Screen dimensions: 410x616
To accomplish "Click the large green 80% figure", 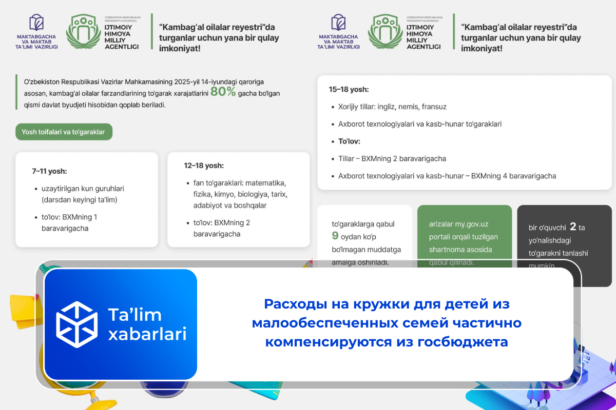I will pyautogui.click(x=223, y=92).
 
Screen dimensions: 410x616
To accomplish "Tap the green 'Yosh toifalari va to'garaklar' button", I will pyautogui.click(x=63, y=132).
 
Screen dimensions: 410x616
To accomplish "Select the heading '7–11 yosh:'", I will pyautogui.click(x=49, y=171).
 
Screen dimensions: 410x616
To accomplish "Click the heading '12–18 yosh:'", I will pyautogui.click(x=204, y=166).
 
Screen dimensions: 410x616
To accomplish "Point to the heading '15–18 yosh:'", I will pyautogui.click(x=349, y=89).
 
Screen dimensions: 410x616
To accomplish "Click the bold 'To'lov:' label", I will pyautogui.click(x=349, y=141).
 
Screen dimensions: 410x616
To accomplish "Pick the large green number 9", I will pyautogui.click(x=335, y=236).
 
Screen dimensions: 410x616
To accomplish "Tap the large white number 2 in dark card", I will pyautogui.click(x=572, y=227).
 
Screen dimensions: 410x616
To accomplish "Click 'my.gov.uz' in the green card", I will pyautogui.click(x=472, y=224).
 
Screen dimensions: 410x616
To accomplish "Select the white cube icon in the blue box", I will pyautogui.click(x=76, y=324).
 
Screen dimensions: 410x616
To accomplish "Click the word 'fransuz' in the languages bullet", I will pyautogui.click(x=434, y=107).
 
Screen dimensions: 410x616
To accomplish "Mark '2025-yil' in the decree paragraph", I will pyautogui.click(x=189, y=81).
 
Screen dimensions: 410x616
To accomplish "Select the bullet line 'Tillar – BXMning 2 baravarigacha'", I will pyautogui.click(x=392, y=158).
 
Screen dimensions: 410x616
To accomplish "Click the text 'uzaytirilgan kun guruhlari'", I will pyautogui.click(x=83, y=188).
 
